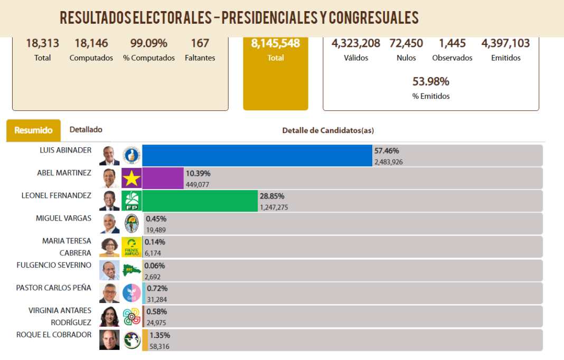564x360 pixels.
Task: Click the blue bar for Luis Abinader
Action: pos(257,155)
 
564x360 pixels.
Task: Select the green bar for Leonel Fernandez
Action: pos(200,201)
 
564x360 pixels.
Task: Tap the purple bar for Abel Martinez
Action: pos(163,178)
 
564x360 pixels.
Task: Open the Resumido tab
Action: pos(33,130)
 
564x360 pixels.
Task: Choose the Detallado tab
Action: pos(86,129)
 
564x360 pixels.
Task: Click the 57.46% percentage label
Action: pos(387,150)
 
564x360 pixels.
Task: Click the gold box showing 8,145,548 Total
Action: pos(276,72)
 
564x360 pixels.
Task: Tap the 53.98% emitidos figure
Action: pos(430,81)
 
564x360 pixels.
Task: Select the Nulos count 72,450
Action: pos(406,43)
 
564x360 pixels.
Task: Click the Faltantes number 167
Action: pos(200,43)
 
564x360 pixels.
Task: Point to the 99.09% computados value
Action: pos(149,43)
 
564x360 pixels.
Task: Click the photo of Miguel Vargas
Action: pos(109,224)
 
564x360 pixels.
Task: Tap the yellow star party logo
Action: pos(131,178)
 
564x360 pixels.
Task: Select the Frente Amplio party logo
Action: pos(131,247)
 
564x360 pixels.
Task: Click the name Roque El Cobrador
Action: pos(54,335)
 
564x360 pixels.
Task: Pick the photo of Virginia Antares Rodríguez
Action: pos(109,316)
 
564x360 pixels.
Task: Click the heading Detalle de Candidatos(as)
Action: pos(328,130)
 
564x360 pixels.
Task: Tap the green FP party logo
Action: pos(131,201)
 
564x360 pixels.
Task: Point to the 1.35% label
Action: pos(159,335)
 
